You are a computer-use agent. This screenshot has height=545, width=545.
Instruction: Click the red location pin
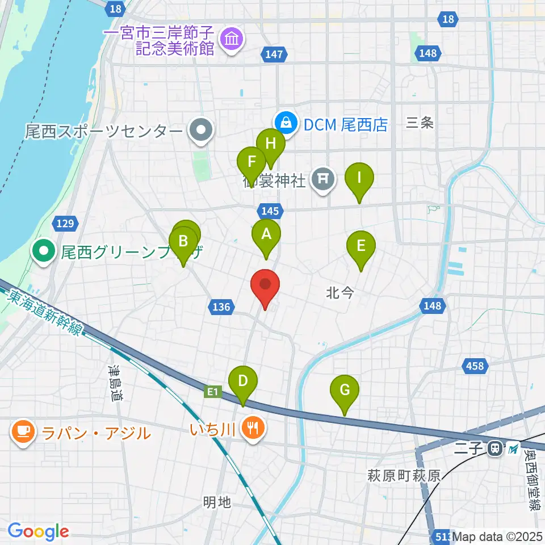(265, 287)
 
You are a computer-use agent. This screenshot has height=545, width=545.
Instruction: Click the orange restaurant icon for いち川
(251, 426)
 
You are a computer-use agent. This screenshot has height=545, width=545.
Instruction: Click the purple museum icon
(232, 39)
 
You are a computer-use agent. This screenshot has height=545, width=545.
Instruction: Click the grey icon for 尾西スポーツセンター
(200, 131)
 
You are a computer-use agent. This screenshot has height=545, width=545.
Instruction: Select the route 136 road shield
(221, 307)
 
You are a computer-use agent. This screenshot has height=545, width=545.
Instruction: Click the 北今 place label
(340, 293)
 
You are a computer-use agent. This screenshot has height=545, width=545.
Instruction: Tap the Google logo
(38, 531)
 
